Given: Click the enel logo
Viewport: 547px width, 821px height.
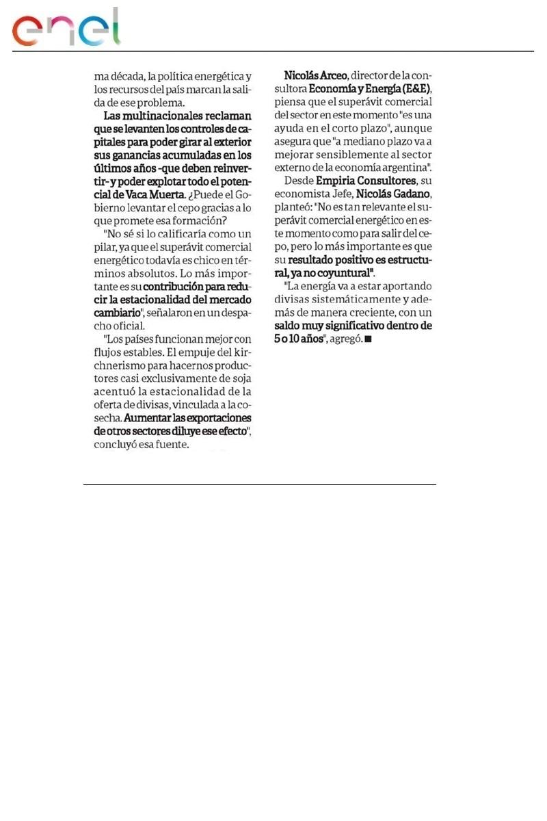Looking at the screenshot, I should [x=66, y=29].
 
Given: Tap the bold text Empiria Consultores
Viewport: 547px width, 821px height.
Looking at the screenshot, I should [x=366, y=181].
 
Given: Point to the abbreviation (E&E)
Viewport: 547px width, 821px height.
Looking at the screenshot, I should [x=416, y=89].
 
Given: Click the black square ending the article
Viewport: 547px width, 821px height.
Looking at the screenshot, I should [x=369, y=339].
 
